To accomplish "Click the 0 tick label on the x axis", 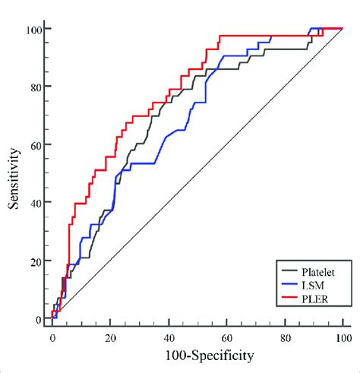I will (52, 337).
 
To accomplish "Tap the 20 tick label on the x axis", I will (110, 337).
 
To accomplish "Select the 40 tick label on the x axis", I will (169, 337).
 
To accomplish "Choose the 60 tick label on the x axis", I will (226, 337).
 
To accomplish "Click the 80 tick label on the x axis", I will (285, 337).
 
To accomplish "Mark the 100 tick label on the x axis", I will (343, 337).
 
